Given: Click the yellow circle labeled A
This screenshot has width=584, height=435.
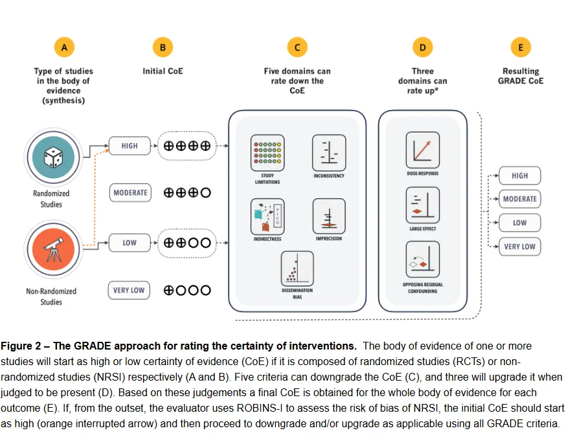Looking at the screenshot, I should tap(63, 47).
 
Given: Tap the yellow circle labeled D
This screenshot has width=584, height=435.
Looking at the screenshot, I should tap(422, 47).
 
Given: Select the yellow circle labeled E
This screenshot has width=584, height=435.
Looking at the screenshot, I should tap(521, 47).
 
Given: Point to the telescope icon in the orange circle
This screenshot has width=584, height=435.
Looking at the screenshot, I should tap(52, 250).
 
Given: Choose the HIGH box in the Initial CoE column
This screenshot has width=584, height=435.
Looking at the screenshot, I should tap(129, 146).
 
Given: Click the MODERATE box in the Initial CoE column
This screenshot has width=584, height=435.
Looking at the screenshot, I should tap(130, 193).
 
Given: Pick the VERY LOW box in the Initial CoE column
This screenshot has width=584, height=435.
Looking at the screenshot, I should tap(128, 291).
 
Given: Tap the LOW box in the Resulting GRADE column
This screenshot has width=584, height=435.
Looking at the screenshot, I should tap(520, 223).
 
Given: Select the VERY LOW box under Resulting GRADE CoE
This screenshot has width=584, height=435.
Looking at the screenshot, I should tap(520, 247).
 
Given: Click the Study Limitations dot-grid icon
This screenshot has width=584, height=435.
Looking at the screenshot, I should tap(267, 153).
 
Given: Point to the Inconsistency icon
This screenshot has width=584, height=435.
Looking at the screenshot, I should tap(329, 153).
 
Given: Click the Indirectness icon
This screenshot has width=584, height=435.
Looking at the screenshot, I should tap(267, 217).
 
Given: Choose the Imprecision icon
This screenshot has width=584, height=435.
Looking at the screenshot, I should tap(329, 217).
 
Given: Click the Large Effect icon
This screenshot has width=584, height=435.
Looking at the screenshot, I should tap(422, 205).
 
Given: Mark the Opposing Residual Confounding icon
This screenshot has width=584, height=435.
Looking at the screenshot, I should tap(422, 260).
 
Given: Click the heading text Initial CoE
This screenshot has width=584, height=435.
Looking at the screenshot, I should tap(163, 71).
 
